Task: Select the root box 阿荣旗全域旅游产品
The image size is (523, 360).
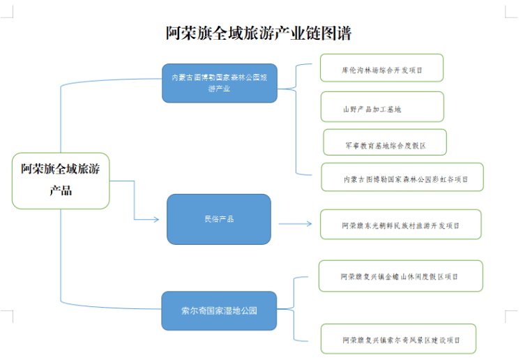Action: pos(61,180)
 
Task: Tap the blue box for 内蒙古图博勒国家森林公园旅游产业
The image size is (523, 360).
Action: pos(219,83)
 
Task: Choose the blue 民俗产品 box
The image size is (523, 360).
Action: pos(219,219)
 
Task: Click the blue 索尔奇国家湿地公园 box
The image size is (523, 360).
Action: pos(219,310)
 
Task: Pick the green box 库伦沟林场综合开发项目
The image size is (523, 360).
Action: pos(382,69)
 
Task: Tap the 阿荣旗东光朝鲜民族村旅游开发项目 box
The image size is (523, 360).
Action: pos(400,225)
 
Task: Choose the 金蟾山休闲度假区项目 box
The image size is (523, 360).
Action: pos(400,276)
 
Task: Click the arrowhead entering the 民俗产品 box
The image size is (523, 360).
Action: pos(156,219)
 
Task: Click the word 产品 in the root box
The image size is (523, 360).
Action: pos(61,190)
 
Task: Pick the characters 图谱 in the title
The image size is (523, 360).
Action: pos(338,33)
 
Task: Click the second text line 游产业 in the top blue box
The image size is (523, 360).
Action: pos(219,89)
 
